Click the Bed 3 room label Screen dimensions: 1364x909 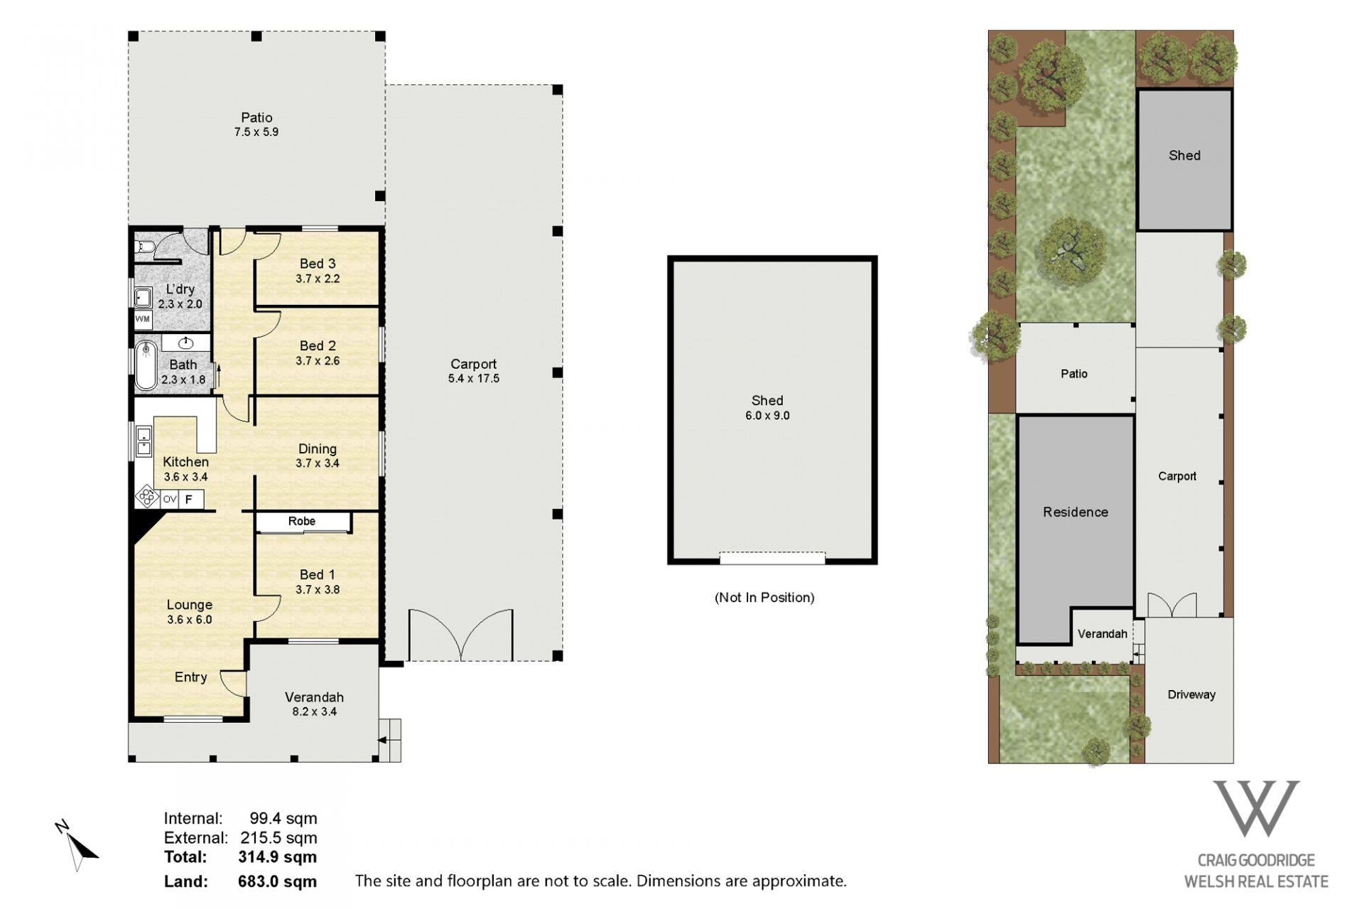tap(318, 264)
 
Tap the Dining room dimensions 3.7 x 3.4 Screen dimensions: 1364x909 tap(318, 463)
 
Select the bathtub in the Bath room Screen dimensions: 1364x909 tap(146, 365)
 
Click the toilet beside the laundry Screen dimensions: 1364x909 tap(145, 247)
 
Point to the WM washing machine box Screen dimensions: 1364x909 tap(143, 319)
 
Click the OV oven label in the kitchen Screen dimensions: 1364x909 tap(169, 500)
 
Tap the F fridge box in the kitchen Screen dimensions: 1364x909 tap(190, 500)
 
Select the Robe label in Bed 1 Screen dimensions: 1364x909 tap(302, 521)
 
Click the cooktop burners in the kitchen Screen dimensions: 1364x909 tap(147, 496)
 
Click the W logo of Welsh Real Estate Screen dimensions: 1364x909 tap(1256, 809)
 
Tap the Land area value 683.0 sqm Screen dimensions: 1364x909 tap(277, 882)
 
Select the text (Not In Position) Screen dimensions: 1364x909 tap(764, 598)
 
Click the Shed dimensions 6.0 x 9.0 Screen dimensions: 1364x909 tap(767, 416)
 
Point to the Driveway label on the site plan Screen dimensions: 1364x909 tap(1191, 694)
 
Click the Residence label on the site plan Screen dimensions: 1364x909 tap(1076, 512)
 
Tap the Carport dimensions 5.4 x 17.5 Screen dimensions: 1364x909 tap(474, 379)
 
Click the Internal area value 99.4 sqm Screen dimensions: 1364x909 tap(283, 819)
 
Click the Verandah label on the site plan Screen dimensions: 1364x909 tap(1102, 634)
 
